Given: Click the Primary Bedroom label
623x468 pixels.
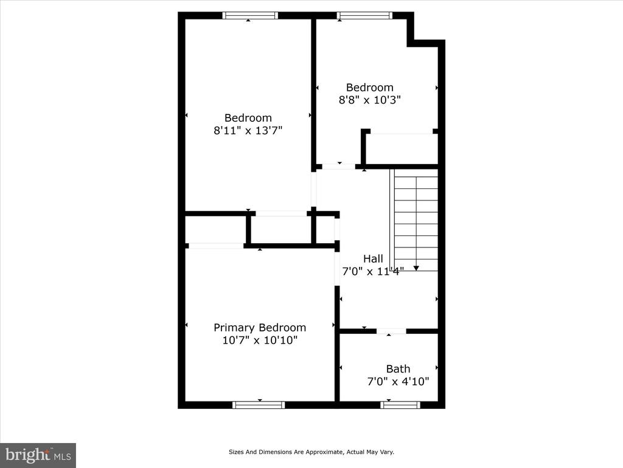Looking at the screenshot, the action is [260, 328].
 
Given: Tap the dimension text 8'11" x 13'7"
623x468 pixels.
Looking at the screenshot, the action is [248, 130].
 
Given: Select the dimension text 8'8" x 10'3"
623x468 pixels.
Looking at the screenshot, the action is [369, 100].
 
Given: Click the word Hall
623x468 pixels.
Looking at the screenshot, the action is [373, 258].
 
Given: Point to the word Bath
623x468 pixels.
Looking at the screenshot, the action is [398, 369].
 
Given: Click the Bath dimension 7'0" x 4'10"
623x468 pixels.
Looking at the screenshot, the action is [398, 381].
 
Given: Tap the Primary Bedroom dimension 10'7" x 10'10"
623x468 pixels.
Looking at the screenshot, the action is [260, 340].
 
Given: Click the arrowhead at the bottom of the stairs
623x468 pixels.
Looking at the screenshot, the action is [416, 268].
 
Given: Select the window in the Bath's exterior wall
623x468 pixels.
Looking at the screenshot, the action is [400, 405].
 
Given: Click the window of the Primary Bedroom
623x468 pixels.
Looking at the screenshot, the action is [259, 405].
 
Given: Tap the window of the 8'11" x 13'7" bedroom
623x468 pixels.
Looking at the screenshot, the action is [250, 15].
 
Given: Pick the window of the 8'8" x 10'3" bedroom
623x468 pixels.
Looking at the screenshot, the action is [365, 15].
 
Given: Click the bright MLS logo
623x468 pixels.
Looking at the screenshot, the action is [38, 455].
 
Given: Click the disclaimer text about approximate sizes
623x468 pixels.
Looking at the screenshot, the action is [311, 452].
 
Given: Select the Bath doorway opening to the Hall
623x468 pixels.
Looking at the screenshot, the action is [391, 331].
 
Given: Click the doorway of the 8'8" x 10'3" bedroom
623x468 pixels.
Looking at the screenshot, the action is [338, 166].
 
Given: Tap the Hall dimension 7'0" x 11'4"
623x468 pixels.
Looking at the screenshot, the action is [373, 271].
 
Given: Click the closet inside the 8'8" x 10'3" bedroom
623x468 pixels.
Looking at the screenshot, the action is [402, 149].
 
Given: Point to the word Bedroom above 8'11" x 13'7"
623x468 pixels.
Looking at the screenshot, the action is [248, 118].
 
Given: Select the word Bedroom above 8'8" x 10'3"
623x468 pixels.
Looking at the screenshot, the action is [369, 88].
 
